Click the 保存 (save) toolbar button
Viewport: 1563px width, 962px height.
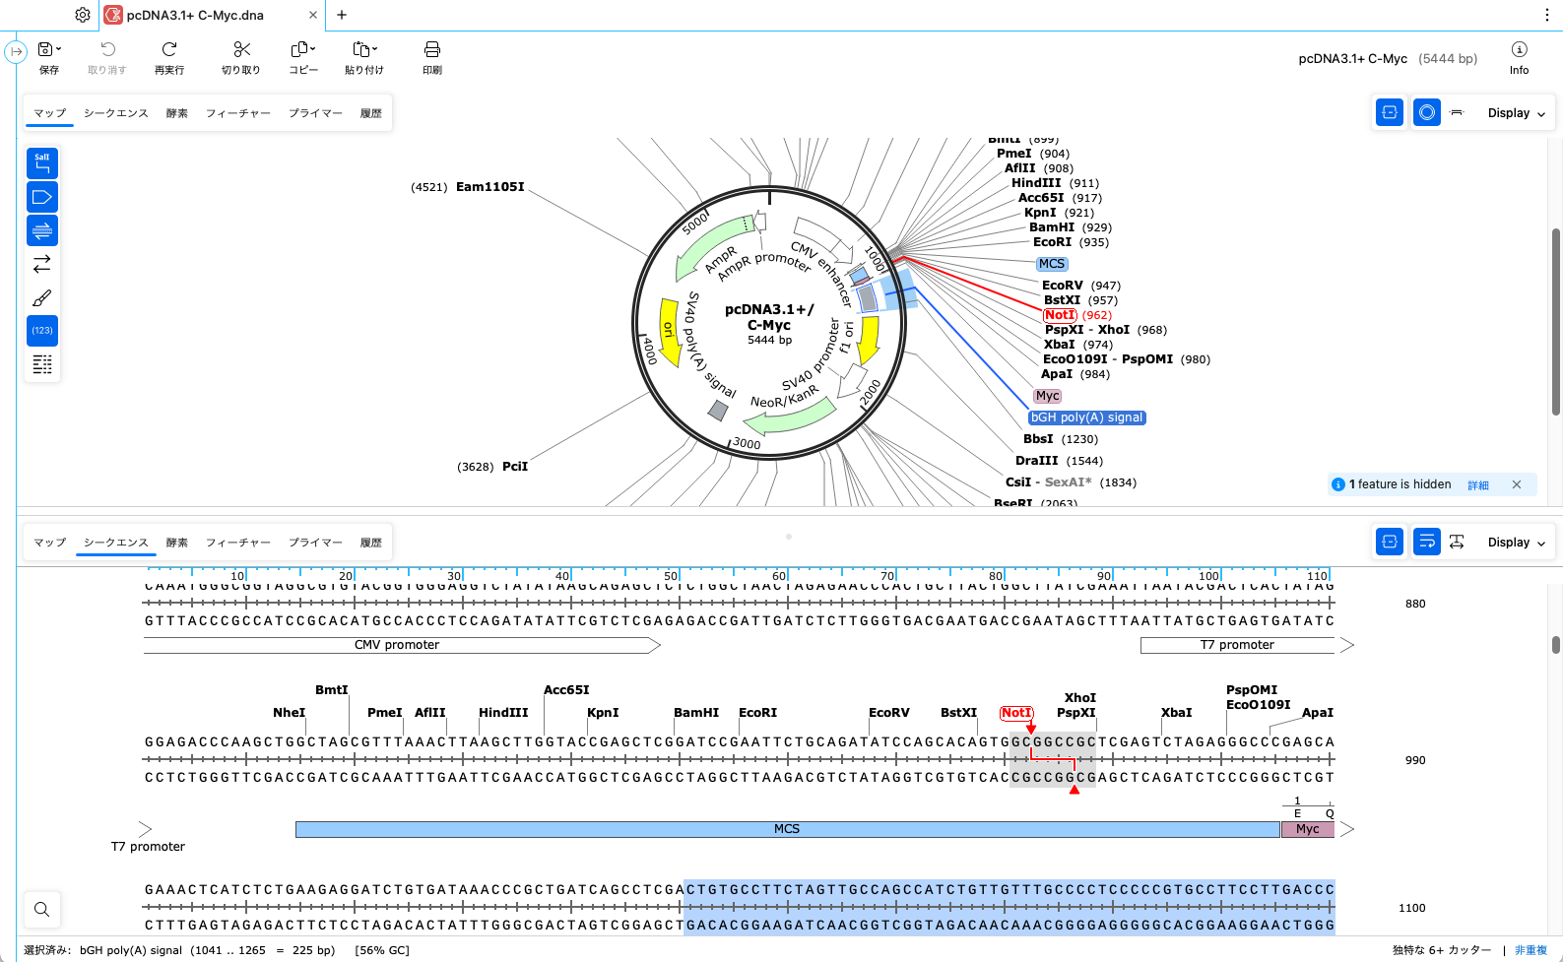pyautogui.click(x=48, y=57)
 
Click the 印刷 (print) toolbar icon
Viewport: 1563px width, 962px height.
pyautogui.click(x=431, y=57)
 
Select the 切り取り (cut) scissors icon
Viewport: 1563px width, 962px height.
pyautogui.click(x=241, y=57)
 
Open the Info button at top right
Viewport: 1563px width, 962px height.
pyautogui.click(x=1519, y=57)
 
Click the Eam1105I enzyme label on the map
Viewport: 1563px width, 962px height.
pyautogui.click(x=489, y=187)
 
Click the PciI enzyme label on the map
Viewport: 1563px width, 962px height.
pyautogui.click(x=515, y=467)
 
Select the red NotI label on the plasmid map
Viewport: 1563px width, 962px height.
pyautogui.click(x=1060, y=315)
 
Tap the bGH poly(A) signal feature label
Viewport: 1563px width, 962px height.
pyautogui.click(x=1086, y=417)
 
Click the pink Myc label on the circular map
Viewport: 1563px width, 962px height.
pyautogui.click(x=1047, y=396)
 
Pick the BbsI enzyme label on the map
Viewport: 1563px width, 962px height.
pyautogui.click(x=1038, y=439)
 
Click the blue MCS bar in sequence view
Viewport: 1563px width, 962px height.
pyautogui.click(x=786, y=829)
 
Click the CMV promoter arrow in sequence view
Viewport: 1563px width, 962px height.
pyautogui.click(x=398, y=645)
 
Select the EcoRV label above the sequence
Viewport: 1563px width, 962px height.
pyautogui.click(x=888, y=713)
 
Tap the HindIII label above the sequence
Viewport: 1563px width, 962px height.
pyautogui.click(x=503, y=713)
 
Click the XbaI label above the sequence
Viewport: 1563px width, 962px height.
pyautogui.click(x=1176, y=713)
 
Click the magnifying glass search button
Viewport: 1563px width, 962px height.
pyautogui.click(x=41, y=909)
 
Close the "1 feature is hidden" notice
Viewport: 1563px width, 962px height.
pyautogui.click(x=1517, y=484)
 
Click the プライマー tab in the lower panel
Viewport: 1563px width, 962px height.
pyautogui.click(x=315, y=543)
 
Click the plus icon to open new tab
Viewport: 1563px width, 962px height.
pyautogui.click(x=342, y=15)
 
